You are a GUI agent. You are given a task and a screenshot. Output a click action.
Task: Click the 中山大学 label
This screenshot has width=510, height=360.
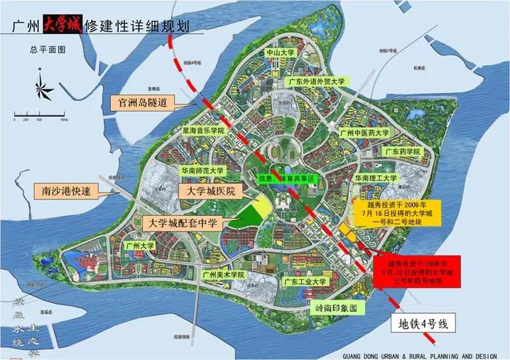[280, 53]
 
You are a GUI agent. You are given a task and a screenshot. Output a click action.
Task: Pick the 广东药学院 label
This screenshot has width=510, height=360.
[403, 151]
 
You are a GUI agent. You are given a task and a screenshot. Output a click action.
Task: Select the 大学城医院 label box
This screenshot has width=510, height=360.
[211, 192]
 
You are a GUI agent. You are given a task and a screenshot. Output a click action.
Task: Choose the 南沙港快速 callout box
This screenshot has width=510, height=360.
[65, 190]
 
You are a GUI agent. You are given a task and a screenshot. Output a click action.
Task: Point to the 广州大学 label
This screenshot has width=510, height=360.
[139, 246]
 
